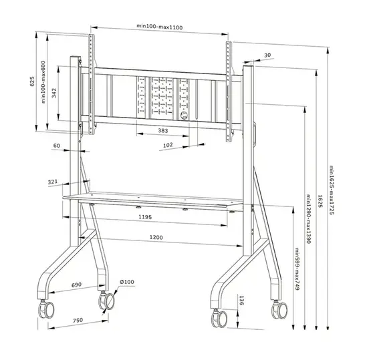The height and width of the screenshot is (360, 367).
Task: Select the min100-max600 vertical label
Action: coord(42,83)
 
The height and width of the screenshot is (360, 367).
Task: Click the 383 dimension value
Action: coord(163,131)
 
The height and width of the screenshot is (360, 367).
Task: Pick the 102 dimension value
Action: coord(167,145)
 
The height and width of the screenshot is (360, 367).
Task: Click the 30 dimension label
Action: coord(267,55)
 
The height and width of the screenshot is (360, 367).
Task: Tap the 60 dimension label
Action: coord(57,145)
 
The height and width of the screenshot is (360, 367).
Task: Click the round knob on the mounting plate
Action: coord(184,114)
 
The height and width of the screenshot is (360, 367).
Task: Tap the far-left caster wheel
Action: coord(47,310)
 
